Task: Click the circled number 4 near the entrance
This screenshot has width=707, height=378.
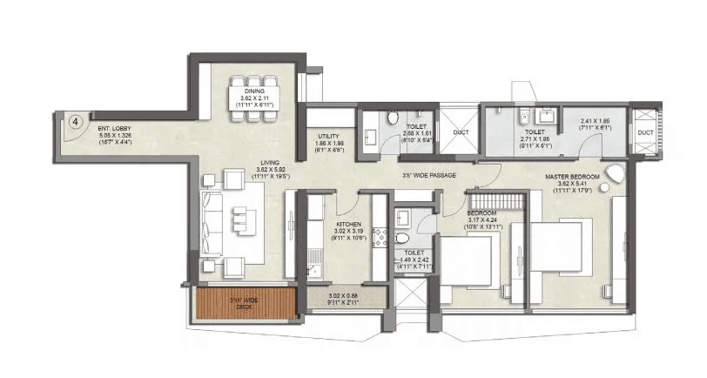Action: pos(77,123)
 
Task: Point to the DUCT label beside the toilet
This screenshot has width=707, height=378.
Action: pos(461,132)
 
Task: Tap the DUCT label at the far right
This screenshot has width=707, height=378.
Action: pos(645,132)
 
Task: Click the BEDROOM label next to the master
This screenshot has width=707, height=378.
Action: pos(481,213)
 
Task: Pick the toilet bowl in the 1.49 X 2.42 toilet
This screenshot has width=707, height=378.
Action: pos(403,238)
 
